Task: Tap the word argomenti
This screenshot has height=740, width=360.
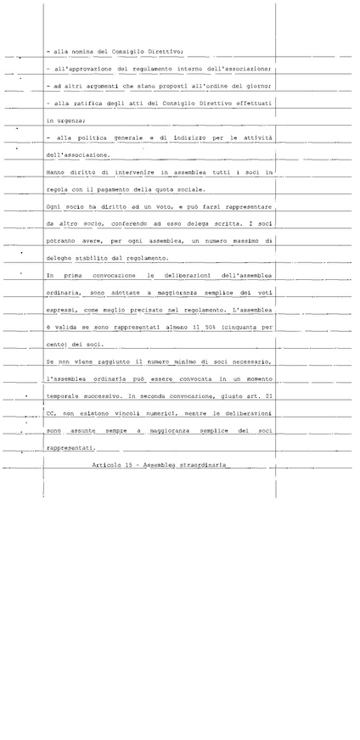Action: [105, 87]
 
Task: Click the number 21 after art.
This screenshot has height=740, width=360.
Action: [269, 396]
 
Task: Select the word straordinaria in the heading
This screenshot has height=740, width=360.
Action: [205, 465]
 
